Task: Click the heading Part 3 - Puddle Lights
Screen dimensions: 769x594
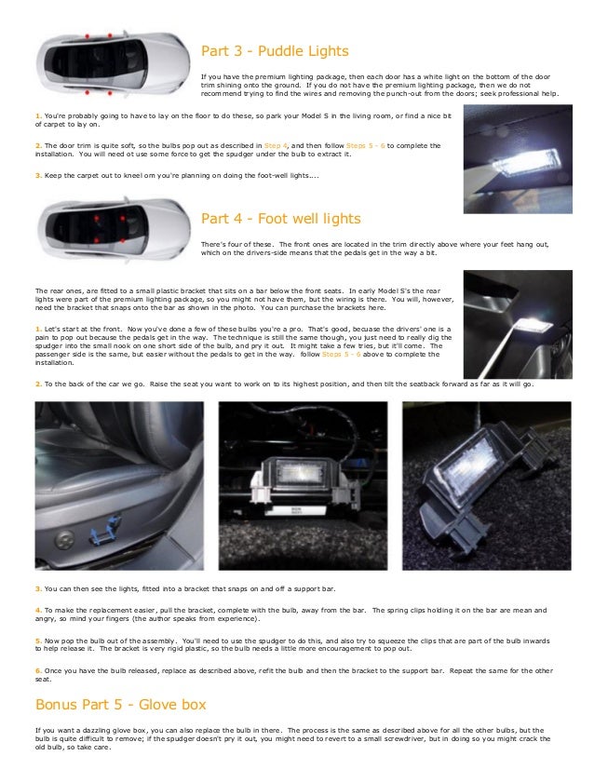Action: (275, 51)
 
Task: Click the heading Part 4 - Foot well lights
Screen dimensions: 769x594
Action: (280, 220)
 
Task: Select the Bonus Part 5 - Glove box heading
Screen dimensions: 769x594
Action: (120, 704)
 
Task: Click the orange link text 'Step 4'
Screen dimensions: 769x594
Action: (277, 146)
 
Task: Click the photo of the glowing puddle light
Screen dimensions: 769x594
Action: (518, 158)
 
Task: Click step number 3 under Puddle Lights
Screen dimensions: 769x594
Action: (37, 175)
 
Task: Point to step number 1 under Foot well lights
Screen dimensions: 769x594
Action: (37, 330)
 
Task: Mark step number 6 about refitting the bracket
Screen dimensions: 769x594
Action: (37, 670)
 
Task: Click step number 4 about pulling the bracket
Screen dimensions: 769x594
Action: (37, 610)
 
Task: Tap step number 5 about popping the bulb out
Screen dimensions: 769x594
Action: (37, 641)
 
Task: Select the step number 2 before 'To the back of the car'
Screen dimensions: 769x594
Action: (37, 383)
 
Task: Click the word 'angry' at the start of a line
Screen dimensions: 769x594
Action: (45, 618)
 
